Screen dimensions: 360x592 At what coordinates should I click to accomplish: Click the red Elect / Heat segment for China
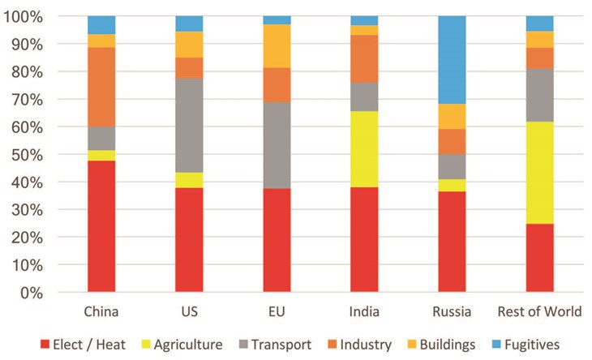[101, 226]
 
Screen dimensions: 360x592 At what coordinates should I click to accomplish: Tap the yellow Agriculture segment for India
[364, 149]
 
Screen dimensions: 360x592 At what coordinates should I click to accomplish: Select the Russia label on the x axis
[452, 312]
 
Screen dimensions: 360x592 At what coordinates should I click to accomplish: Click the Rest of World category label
[539, 312]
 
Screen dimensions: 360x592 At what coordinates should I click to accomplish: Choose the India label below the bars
[364, 312]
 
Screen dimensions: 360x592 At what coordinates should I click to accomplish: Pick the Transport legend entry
[280, 345]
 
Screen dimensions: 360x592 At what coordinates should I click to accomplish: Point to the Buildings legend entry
[444, 345]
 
